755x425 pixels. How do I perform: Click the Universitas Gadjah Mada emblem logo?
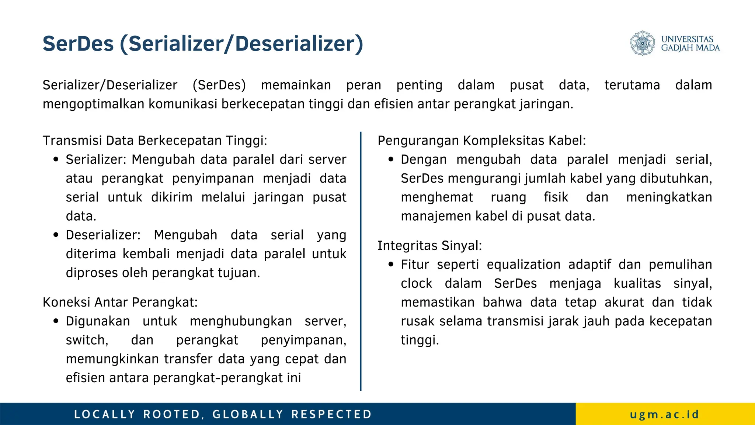pos(642,43)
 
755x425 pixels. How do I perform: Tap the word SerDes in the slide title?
pos(78,44)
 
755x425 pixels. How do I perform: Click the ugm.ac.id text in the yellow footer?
pos(664,414)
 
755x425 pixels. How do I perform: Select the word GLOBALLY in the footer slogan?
pos(248,414)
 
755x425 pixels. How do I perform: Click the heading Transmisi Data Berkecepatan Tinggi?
pos(155,141)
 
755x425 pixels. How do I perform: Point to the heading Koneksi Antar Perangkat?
pos(120,302)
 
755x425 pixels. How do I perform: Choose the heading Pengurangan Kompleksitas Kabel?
pos(481,141)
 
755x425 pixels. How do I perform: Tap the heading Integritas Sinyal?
pos(429,245)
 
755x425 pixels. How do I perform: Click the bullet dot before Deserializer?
pos(56,235)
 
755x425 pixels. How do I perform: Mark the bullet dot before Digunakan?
pos(56,321)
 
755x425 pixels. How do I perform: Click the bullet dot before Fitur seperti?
pos(391,265)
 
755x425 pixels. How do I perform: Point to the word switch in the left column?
pos(87,340)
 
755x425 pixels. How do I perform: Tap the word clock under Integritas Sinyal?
pos(417,283)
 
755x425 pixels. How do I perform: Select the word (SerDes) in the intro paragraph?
pos(219,85)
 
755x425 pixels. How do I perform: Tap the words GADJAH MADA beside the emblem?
pos(690,48)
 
